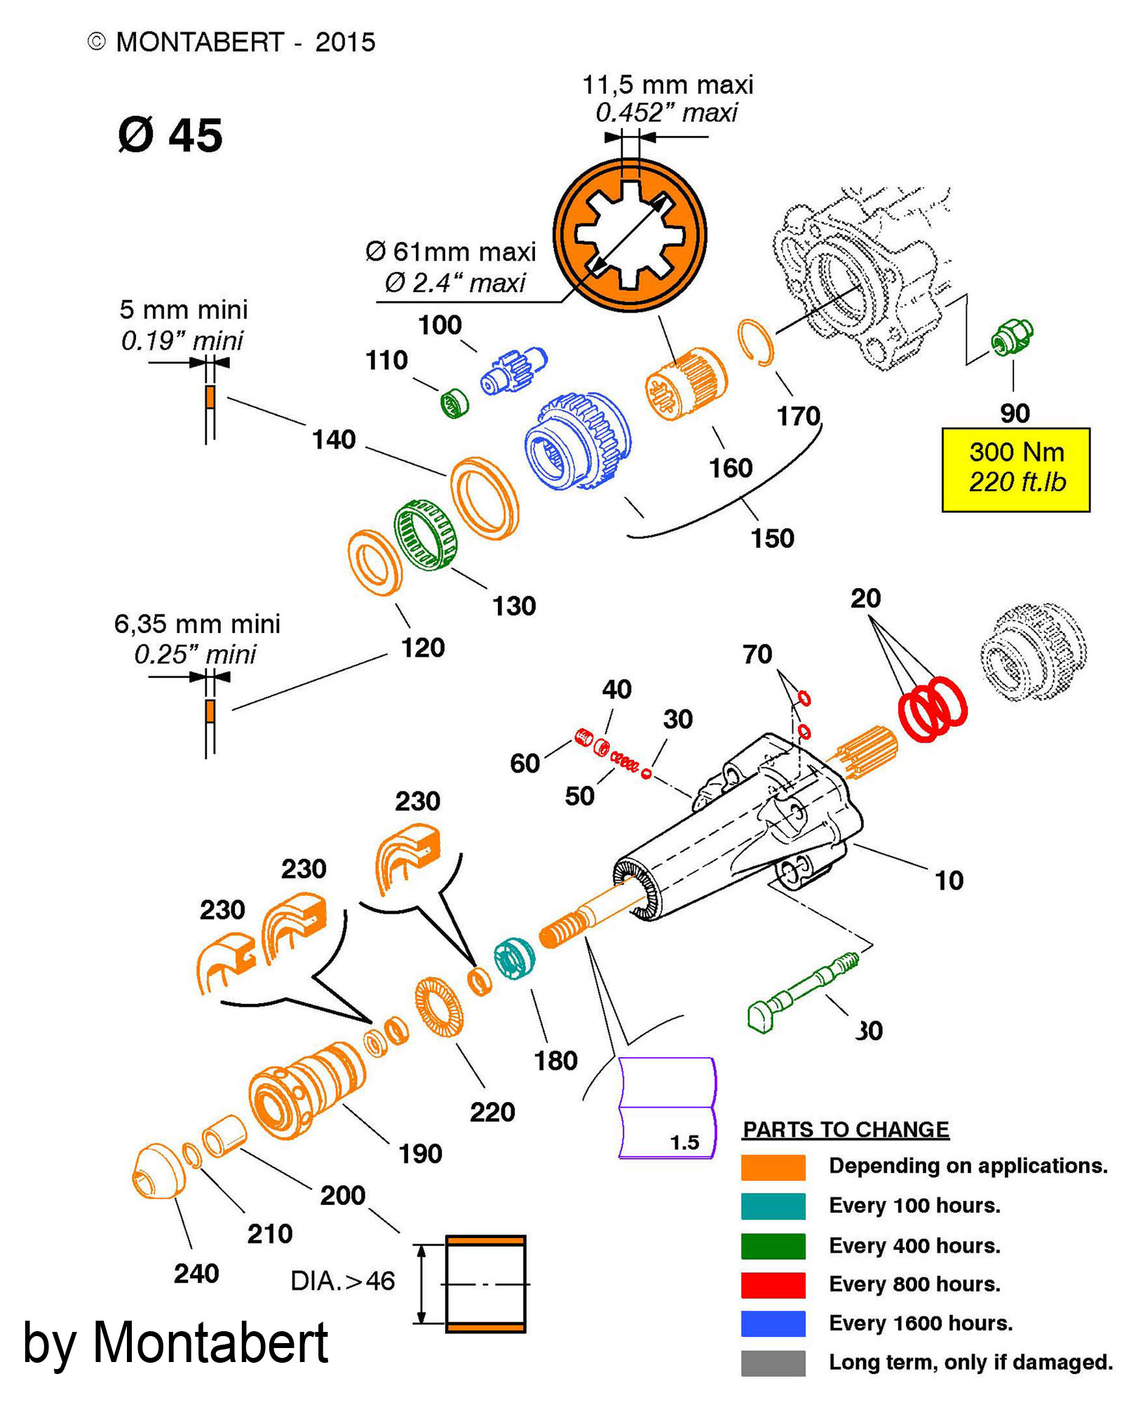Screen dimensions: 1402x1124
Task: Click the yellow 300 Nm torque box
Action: pos(1015,469)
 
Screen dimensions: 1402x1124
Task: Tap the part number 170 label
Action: pos(798,416)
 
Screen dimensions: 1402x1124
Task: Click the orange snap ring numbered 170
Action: pos(756,343)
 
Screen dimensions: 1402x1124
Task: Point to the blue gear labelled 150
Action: pos(579,440)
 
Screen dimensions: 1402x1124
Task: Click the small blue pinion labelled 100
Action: pos(513,369)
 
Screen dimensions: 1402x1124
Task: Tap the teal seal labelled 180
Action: pos(514,958)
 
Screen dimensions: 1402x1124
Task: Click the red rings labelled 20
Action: pos(933,709)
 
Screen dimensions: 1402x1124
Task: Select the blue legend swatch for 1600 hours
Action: pos(773,1323)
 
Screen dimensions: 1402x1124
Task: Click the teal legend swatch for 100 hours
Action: pos(773,1206)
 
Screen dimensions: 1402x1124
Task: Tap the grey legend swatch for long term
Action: pos(773,1363)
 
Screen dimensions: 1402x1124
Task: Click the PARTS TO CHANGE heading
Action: pos(846,1129)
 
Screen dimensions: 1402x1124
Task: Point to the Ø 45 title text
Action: pos(170,135)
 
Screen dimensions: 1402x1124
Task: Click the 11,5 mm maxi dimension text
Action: pos(668,85)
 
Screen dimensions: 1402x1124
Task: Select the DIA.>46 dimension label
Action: pos(343,1281)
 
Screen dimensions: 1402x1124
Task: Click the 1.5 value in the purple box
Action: pos(684,1143)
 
